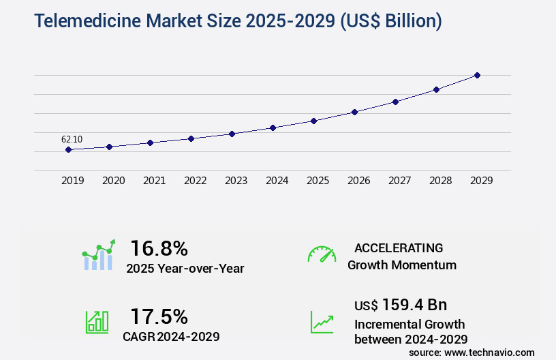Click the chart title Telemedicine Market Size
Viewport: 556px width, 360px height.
coord(238,21)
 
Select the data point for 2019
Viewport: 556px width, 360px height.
coord(69,149)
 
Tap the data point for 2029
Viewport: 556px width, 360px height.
coord(477,75)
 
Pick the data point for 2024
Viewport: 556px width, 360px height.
coord(273,127)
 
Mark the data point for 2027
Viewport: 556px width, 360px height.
coord(395,102)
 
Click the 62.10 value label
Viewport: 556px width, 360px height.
coord(72,139)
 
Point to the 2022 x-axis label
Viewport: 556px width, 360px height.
coord(195,181)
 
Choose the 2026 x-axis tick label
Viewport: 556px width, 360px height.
coord(358,181)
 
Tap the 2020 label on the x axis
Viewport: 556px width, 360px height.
coord(113,181)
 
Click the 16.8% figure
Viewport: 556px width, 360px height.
coord(159,248)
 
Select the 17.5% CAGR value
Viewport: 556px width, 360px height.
coord(159,316)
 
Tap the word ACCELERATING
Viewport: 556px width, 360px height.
coord(399,248)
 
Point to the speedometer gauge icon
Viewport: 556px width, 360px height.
coord(322,254)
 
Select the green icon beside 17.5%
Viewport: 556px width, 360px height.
coord(97,322)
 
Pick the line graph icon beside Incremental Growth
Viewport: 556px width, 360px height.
coord(322,322)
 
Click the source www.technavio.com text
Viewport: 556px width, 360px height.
coord(472,352)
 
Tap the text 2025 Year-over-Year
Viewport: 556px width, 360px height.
coord(185,269)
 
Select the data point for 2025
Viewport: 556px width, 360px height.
coord(313,121)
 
